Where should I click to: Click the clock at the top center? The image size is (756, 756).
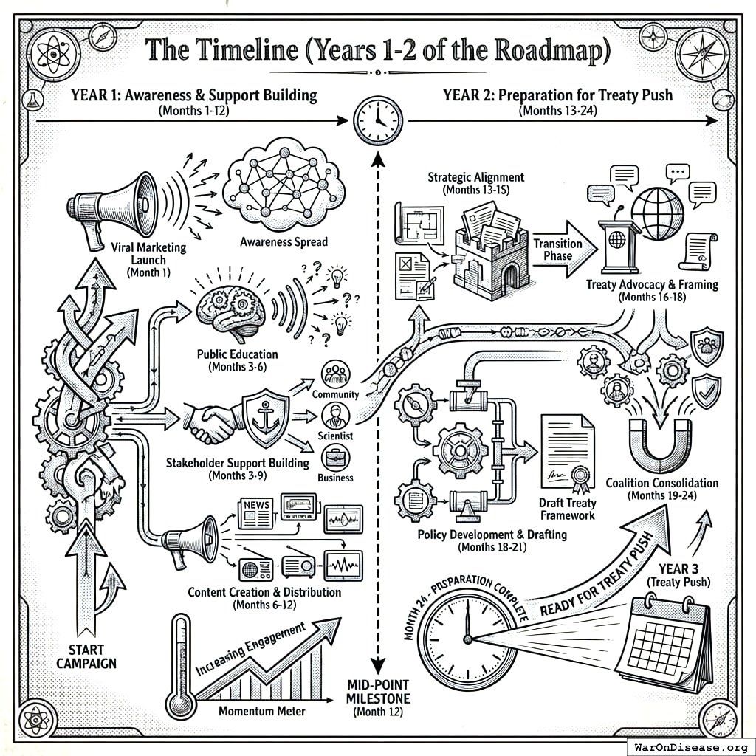click(378, 120)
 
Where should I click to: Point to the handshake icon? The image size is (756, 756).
click(213, 423)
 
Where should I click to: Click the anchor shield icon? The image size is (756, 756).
click(266, 419)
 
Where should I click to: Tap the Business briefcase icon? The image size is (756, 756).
click(335, 458)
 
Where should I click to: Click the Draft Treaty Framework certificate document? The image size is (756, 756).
click(567, 453)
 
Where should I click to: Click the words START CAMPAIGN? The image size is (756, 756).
click(87, 656)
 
